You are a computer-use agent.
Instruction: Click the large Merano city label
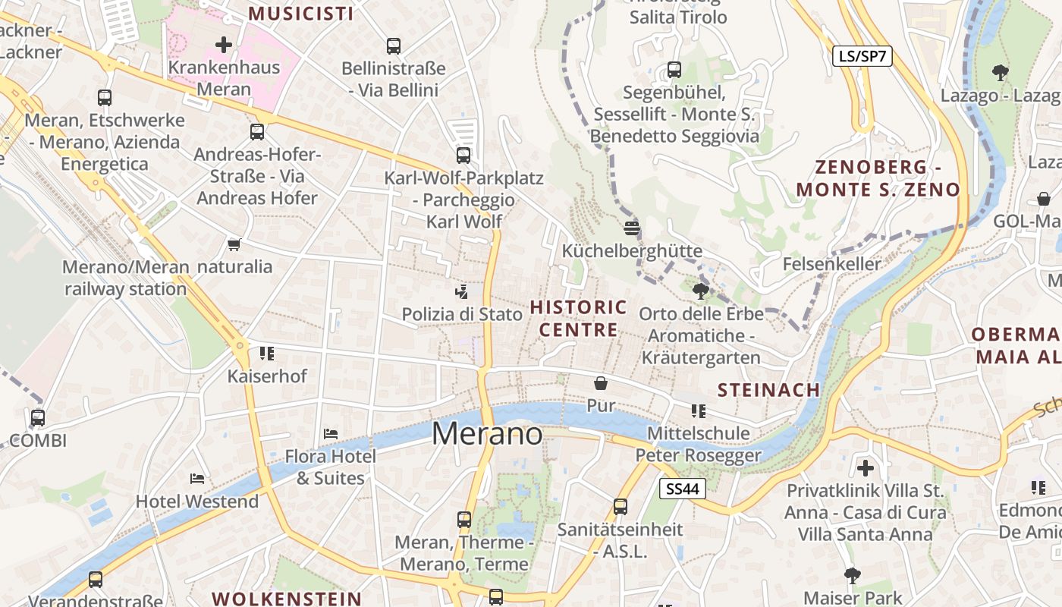(x=487, y=434)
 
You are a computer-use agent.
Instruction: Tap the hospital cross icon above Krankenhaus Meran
(x=224, y=45)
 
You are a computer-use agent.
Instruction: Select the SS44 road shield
(x=682, y=489)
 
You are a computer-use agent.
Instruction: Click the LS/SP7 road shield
(x=862, y=56)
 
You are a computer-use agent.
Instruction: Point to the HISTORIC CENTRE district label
(x=579, y=319)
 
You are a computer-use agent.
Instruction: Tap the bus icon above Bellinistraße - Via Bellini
(x=393, y=46)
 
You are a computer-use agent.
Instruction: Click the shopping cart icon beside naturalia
(x=234, y=244)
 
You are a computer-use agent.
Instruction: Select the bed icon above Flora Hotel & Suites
(x=331, y=434)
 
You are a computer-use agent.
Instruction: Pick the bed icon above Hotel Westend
(x=197, y=479)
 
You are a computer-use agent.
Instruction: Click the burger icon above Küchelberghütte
(x=632, y=228)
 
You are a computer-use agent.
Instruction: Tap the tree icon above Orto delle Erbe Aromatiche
(x=701, y=291)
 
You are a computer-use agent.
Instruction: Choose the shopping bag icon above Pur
(x=601, y=383)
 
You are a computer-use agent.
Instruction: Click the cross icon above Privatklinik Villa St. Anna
(x=866, y=467)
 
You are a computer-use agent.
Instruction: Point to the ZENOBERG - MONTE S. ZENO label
(x=878, y=178)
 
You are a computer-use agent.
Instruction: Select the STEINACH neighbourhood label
(x=768, y=390)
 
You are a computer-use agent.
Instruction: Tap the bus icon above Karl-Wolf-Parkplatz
(x=463, y=156)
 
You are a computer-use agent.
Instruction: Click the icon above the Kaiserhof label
(x=267, y=354)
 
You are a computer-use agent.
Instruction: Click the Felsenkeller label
(x=832, y=264)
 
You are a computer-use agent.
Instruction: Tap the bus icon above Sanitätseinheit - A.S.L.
(x=621, y=507)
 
